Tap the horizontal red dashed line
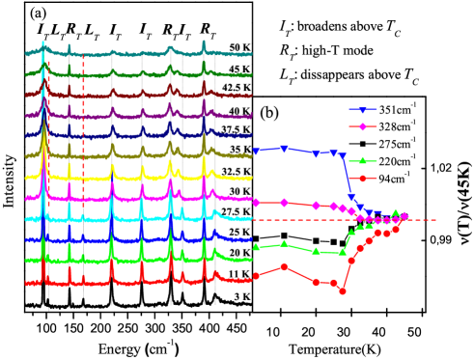click(425, 220)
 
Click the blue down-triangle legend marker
click(363, 110)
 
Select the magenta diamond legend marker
click(363, 126)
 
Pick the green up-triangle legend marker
click(363, 160)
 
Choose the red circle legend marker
click(363, 178)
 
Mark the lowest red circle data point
click(343, 291)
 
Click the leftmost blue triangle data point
click(256, 152)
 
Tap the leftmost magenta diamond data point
click(256, 203)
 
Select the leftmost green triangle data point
click(256, 246)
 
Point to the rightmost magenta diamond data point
click(404, 216)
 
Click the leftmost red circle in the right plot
click(256, 276)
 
